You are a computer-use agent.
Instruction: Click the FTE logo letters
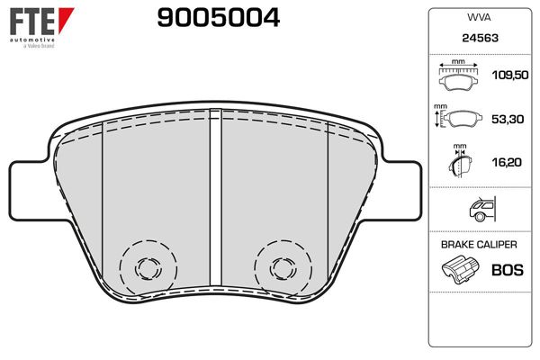29,19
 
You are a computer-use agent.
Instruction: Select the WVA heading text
478,16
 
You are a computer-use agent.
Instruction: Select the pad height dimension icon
458,118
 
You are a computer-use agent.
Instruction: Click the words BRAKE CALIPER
478,245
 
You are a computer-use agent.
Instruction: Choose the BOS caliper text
508,269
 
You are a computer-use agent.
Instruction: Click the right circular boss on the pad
278,265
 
